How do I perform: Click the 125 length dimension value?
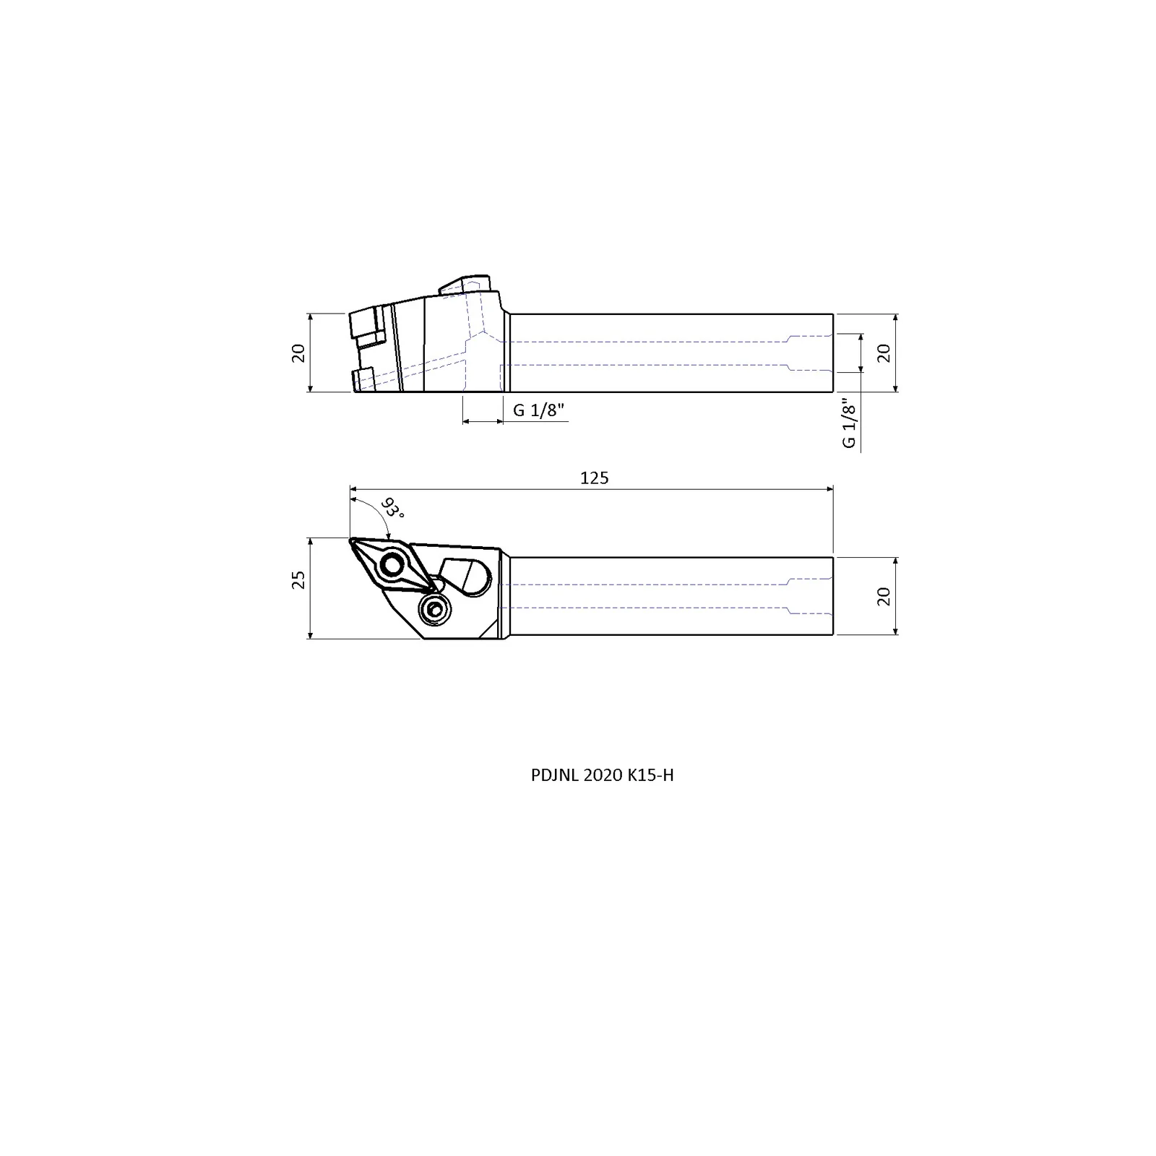[594, 478]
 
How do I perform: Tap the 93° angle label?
[392, 508]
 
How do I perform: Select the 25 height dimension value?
[298, 579]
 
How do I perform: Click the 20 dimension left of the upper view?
[298, 353]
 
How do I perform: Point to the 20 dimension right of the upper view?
[883, 353]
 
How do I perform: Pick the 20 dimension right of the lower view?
[883, 596]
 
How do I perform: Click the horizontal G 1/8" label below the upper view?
[538, 410]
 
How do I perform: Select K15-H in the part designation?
[650, 775]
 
